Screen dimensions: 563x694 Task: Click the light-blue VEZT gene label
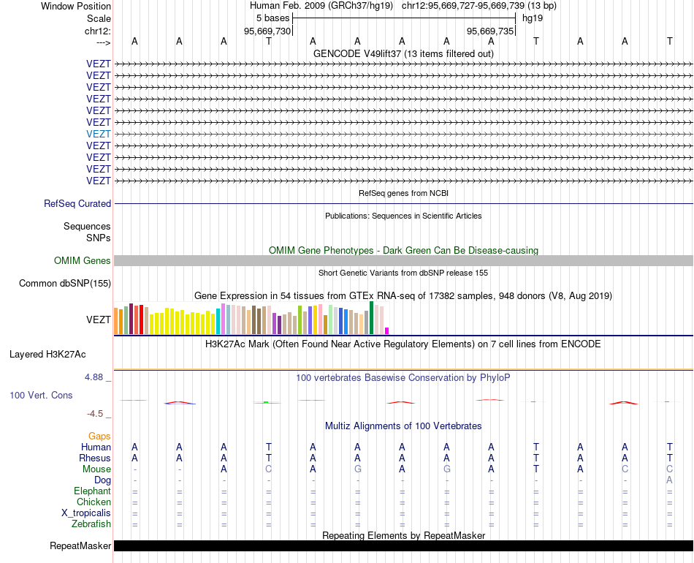click(99, 134)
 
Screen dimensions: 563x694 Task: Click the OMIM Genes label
click(83, 260)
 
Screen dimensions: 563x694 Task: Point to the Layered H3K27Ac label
click(47, 355)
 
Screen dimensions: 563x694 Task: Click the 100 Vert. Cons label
click(41, 395)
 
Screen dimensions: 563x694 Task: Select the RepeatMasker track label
click(80, 545)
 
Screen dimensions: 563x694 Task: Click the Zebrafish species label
click(91, 524)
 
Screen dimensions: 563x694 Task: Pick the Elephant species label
click(92, 491)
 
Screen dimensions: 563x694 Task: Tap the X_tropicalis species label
click(86, 513)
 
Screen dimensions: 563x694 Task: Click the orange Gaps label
click(99, 436)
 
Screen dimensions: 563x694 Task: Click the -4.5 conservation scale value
click(96, 413)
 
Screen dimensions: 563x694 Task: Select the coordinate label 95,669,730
click(267, 31)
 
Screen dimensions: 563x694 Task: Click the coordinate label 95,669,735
click(490, 31)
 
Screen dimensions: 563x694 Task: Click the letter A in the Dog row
click(669, 480)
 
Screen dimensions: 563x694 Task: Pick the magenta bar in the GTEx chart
click(387, 330)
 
